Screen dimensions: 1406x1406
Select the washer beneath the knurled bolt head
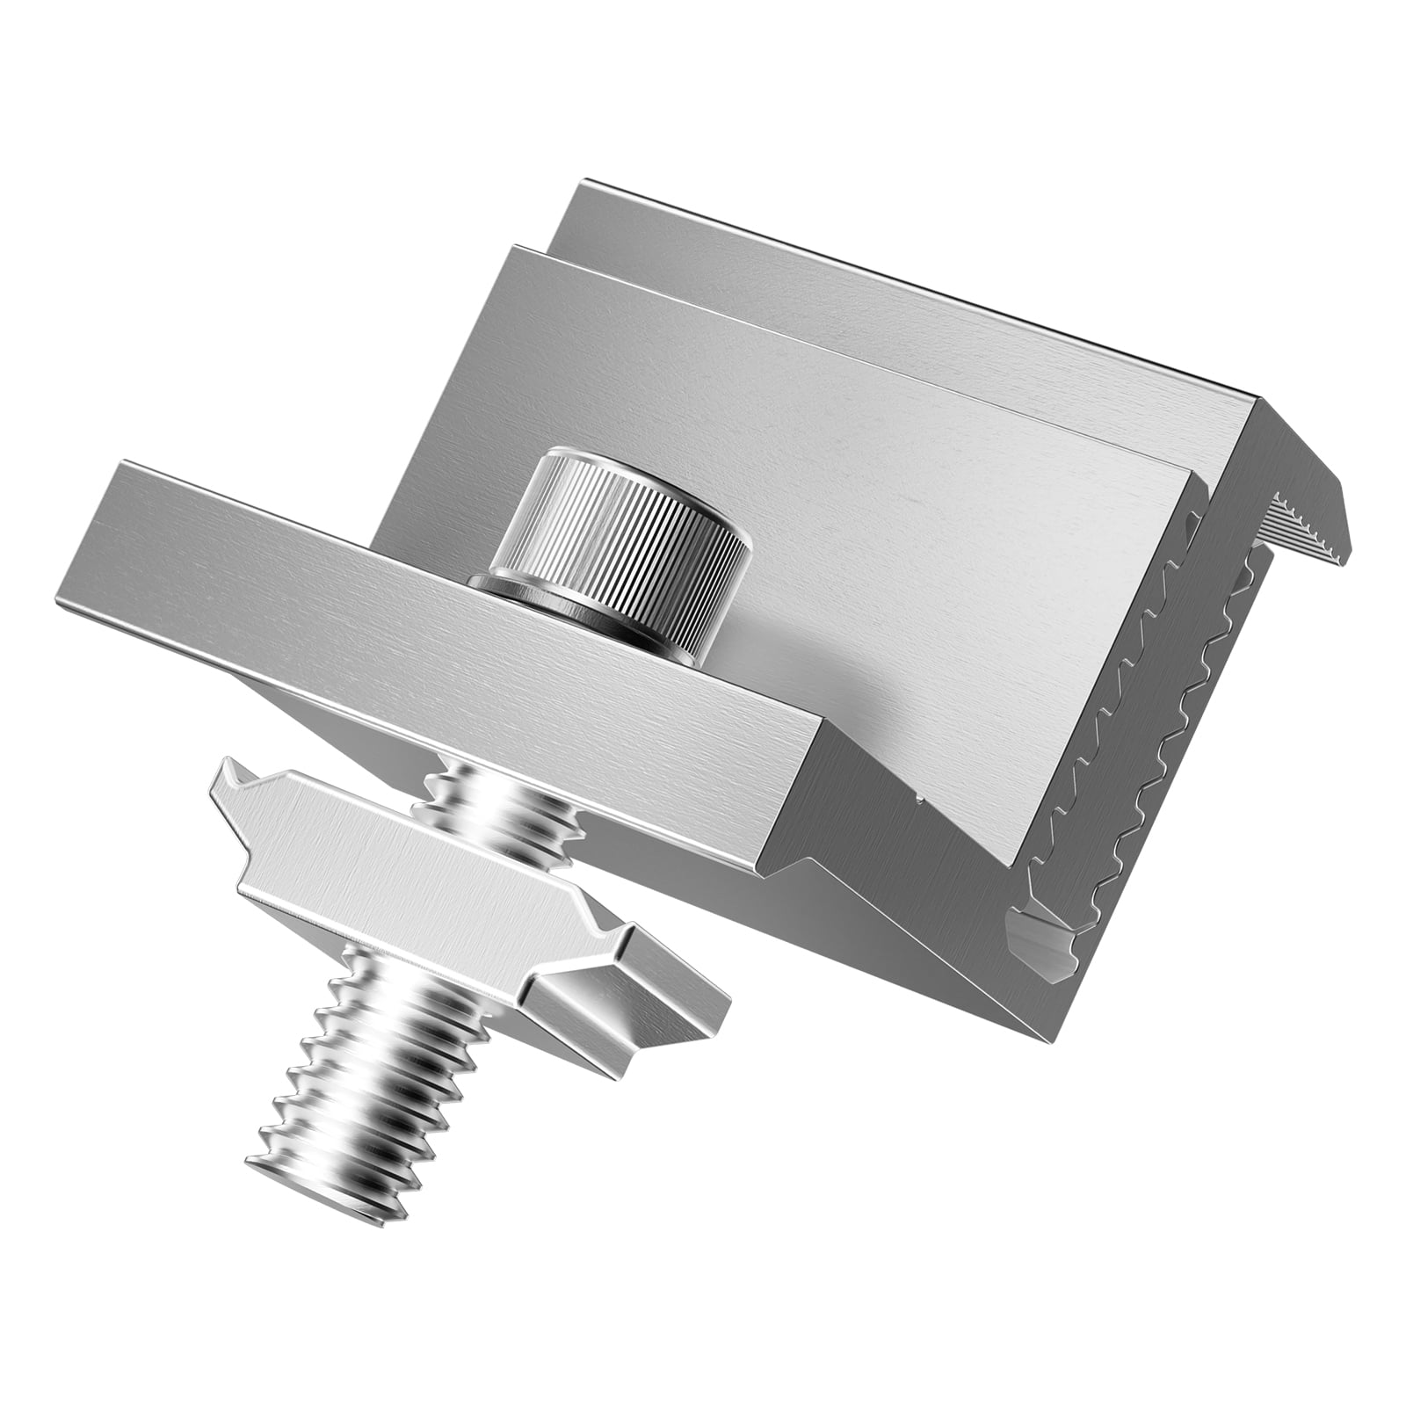[492, 583]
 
